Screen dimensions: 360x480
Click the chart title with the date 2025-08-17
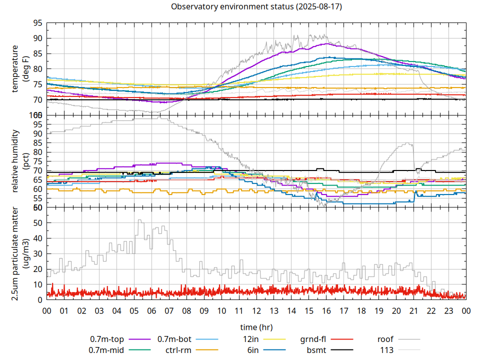[x=256, y=7]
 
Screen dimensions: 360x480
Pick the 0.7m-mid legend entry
[x=106, y=350]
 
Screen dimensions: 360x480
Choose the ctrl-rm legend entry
[x=178, y=350]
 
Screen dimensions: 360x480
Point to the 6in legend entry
[x=252, y=350]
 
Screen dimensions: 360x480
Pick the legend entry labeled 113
[x=387, y=350]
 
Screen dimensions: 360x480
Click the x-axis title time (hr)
[x=256, y=327]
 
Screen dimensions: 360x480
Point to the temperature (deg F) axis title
[x=19, y=68]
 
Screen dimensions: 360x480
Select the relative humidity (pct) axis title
[x=19, y=161]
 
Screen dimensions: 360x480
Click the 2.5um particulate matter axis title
[x=19, y=254]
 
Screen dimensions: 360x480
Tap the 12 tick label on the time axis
[x=256, y=310]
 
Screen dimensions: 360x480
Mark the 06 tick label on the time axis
[x=151, y=310]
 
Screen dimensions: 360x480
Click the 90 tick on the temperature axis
[x=37, y=38]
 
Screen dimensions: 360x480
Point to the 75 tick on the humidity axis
[x=37, y=161]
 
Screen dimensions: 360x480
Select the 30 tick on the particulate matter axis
[x=37, y=253]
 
